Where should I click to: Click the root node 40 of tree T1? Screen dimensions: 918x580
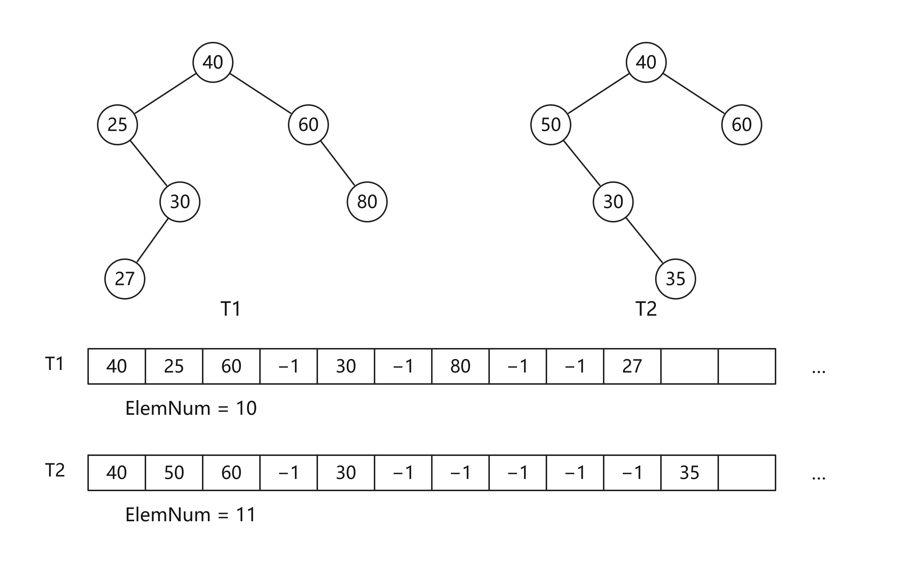tap(213, 62)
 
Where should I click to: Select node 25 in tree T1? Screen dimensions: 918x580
tap(118, 124)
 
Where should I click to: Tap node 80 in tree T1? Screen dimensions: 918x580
tap(367, 202)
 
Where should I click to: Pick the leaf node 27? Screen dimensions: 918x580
tap(124, 279)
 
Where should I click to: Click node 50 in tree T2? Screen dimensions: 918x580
tap(550, 124)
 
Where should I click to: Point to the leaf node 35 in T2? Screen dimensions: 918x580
tap(676, 279)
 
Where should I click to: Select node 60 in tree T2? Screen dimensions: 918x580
tap(741, 124)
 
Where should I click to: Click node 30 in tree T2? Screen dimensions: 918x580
tap(613, 202)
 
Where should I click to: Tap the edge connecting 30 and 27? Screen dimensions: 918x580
tap(152, 240)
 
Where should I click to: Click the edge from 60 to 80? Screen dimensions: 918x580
tap(338, 163)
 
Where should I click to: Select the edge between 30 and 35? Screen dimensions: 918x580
tap(644, 240)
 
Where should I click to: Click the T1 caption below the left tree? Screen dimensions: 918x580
tap(231, 309)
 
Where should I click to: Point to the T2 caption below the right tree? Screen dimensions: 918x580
tap(646, 309)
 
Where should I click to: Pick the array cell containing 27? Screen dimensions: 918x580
tap(632, 366)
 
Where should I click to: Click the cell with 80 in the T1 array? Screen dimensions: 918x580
tap(460, 366)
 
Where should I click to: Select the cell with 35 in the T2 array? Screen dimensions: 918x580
tap(689, 472)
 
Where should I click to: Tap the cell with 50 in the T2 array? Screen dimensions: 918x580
tap(174, 472)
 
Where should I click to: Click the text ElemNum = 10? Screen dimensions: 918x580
tap(191, 409)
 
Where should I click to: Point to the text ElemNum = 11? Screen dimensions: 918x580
tap(191, 515)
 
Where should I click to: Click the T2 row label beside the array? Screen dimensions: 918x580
tap(55, 470)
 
